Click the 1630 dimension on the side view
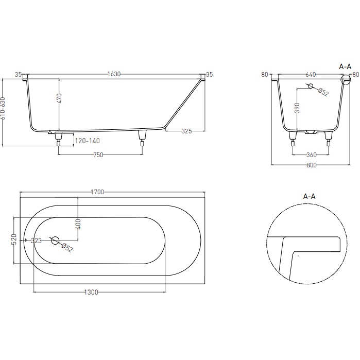click(114, 74)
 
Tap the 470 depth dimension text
click(59, 98)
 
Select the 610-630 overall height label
click(3, 108)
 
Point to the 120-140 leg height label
click(88, 141)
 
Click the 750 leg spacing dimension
click(98, 155)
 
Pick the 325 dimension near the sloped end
click(186, 131)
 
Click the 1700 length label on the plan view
click(97, 192)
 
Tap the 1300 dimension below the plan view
click(91, 292)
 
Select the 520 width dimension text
click(14, 239)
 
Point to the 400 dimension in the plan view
click(78, 225)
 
